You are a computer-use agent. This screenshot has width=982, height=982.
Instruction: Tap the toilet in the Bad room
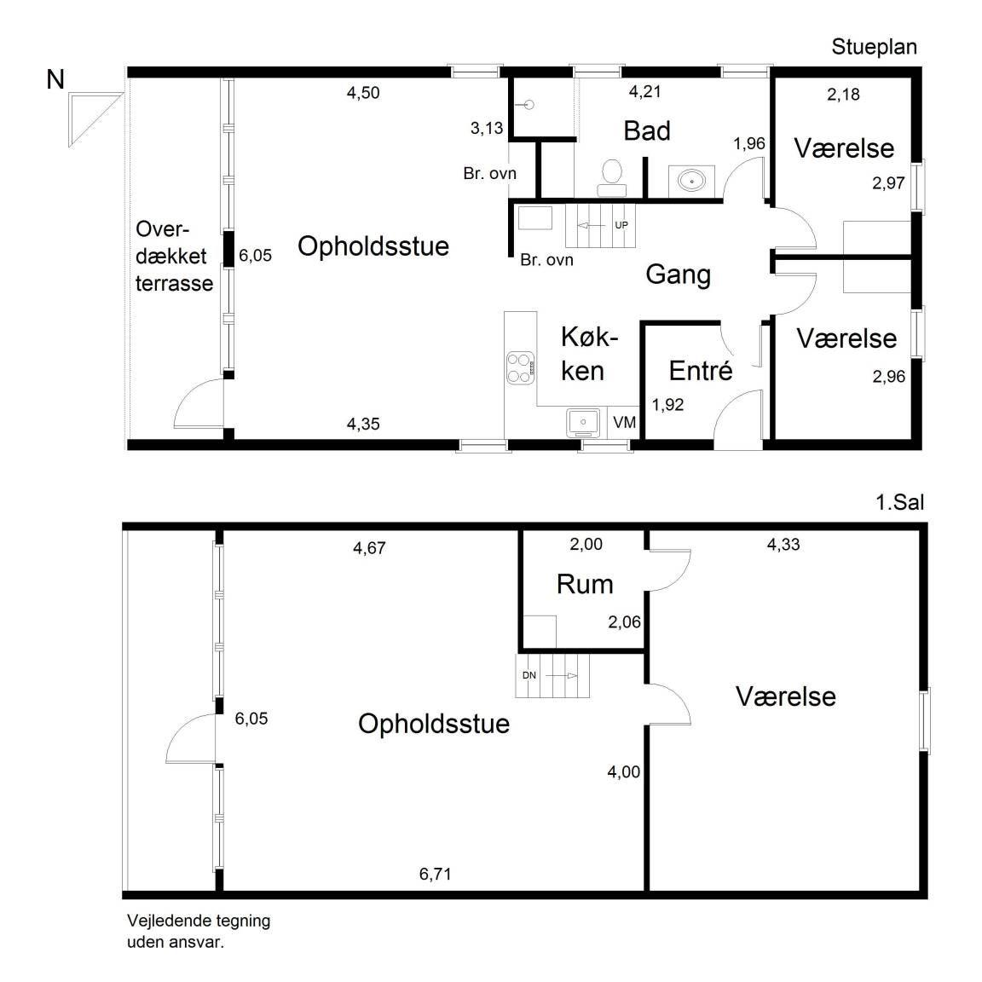tap(610, 171)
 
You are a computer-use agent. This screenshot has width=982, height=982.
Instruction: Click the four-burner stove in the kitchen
tap(520, 367)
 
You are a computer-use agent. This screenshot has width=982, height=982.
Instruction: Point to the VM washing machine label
tap(625, 423)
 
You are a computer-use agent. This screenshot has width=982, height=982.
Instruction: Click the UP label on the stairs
tap(621, 225)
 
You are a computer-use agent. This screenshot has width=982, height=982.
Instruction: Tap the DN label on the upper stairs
tap(529, 675)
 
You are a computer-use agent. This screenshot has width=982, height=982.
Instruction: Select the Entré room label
tap(701, 371)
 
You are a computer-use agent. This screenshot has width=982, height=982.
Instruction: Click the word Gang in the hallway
tap(678, 274)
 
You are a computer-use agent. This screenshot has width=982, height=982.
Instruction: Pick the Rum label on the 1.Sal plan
tap(585, 585)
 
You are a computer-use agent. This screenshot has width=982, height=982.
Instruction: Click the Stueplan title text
tap(874, 47)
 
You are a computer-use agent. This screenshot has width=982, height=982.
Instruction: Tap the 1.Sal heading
tap(899, 502)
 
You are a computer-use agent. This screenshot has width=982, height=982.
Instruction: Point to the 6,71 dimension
tap(435, 874)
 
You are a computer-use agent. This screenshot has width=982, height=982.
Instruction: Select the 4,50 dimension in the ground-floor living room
tap(363, 93)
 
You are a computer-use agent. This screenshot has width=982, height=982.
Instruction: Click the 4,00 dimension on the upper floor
tap(623, 772)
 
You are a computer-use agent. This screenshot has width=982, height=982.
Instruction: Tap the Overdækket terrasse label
tap(174, 256)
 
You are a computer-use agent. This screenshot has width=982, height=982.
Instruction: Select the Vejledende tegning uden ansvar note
tap(199, 931)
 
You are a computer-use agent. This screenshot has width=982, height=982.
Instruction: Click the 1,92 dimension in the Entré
tap(667, 405)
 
